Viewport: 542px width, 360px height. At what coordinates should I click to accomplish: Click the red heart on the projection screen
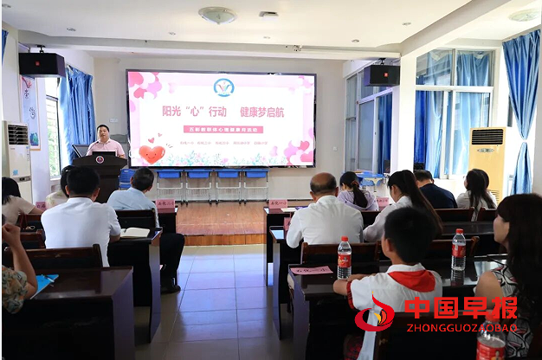pyautogui.click(x=152, y=154)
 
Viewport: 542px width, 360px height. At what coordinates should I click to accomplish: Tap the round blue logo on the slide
pyautogui.click(x=223, y=87)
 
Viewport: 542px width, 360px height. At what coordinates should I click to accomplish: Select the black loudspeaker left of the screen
pyautogui.click(x=42, y=64)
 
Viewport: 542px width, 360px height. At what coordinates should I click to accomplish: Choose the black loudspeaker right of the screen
pyautogui.click(x=382, y=75)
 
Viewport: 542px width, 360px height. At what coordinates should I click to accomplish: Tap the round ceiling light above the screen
pyautogui.click(x=216, y=15)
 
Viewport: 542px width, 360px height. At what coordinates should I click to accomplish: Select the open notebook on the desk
pyautogui.click(x=135, y=232)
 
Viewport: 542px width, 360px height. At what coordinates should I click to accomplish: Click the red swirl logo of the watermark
pyautogui.click(x=375, y=313)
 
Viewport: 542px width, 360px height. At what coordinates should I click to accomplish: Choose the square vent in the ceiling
pyautogui.click(x=269, y=14)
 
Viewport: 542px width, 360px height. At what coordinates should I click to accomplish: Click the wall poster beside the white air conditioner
pyautogui.click(x=31, y=112)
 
